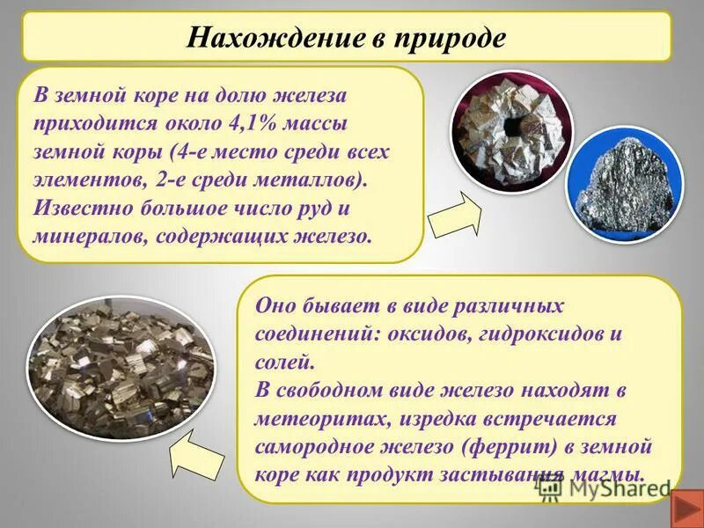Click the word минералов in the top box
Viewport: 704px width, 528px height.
[x=84, y=236]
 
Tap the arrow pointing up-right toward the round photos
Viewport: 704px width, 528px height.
[x=455, y=214]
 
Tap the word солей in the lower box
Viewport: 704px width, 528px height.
[x=282, y=362]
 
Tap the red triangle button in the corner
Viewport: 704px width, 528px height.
[x=685, y=509]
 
